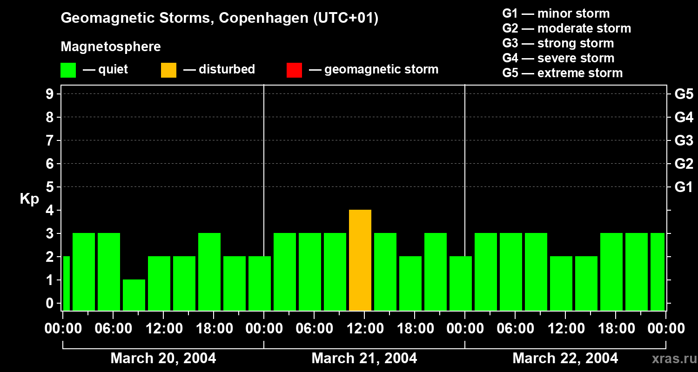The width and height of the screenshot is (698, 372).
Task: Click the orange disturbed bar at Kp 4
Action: tap(360, 260)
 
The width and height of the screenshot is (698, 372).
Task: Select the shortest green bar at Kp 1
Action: tap(134, 295)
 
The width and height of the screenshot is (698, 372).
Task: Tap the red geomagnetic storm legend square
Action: tap(294, 70)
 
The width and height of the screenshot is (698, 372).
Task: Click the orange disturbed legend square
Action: tap(168, 70)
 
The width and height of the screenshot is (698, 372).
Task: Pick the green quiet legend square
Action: tap(68, 70)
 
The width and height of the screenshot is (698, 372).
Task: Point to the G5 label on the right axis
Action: tap(684, 94)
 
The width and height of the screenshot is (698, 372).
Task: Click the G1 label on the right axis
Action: tap(684, 187)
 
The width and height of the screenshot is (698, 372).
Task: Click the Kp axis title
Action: tap(29, 199)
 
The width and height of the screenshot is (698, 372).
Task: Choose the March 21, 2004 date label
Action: tap(364, 359)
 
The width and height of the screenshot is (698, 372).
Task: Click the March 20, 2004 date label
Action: tap(163, 359)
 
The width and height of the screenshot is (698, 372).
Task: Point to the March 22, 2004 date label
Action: tap(565, 359)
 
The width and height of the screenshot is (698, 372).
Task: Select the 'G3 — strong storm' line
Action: tap(558, 43)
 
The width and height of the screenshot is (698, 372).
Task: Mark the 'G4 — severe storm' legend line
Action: tap(558, 58)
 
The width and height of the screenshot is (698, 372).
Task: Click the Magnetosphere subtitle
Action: tap(111, 47)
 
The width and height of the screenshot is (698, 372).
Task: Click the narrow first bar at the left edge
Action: tap(66, 283)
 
